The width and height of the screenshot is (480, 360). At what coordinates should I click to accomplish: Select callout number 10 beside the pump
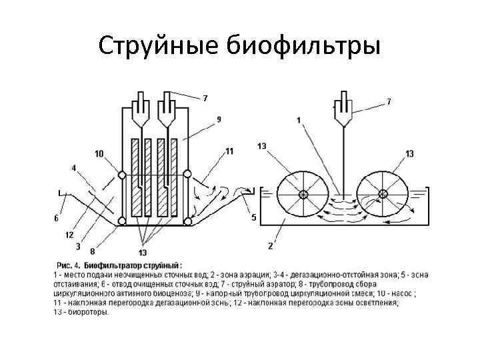[99, 154]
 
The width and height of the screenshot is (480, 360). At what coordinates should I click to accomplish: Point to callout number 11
[229, 151]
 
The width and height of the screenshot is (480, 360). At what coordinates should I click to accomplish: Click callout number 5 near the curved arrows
[253, 217]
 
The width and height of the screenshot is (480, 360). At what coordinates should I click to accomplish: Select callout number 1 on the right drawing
[299, 120]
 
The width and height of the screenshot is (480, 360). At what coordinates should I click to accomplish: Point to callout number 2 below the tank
[270, 246]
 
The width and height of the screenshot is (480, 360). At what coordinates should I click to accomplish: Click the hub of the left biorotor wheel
[303, 195]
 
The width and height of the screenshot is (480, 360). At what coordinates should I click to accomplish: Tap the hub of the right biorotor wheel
[383, 195]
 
